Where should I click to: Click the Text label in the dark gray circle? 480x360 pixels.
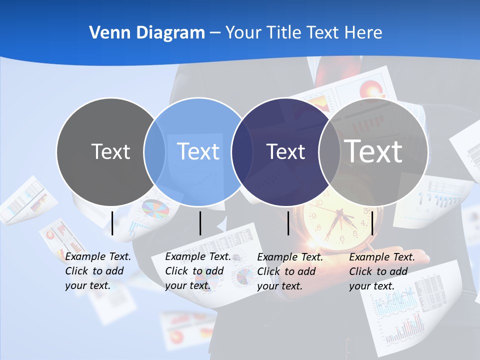tap(110, 151)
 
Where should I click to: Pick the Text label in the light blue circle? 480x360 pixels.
tap(198, 151)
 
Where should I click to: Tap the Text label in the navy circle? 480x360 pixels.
tap(285, 151)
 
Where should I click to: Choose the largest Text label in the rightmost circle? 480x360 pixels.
tap(373, 151)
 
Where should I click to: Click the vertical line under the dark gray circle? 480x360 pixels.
tap(112, 223)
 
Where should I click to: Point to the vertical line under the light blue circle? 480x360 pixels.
tap(200, 223)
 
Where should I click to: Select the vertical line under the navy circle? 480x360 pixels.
tap(288, 223)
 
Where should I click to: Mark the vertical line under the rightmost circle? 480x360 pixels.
tap(372, 223)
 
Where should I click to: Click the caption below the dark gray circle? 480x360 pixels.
tap(97, 271)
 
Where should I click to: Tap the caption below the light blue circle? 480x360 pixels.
tap(197, 271)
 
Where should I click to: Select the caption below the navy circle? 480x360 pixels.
tap(289, 271)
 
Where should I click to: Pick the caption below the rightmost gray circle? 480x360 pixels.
tap(381, 271)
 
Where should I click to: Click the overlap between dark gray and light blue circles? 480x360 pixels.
tap(154, 151)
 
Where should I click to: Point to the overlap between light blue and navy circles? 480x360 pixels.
tap(242, 151)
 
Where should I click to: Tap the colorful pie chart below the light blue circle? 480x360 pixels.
tap(155, 210)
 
